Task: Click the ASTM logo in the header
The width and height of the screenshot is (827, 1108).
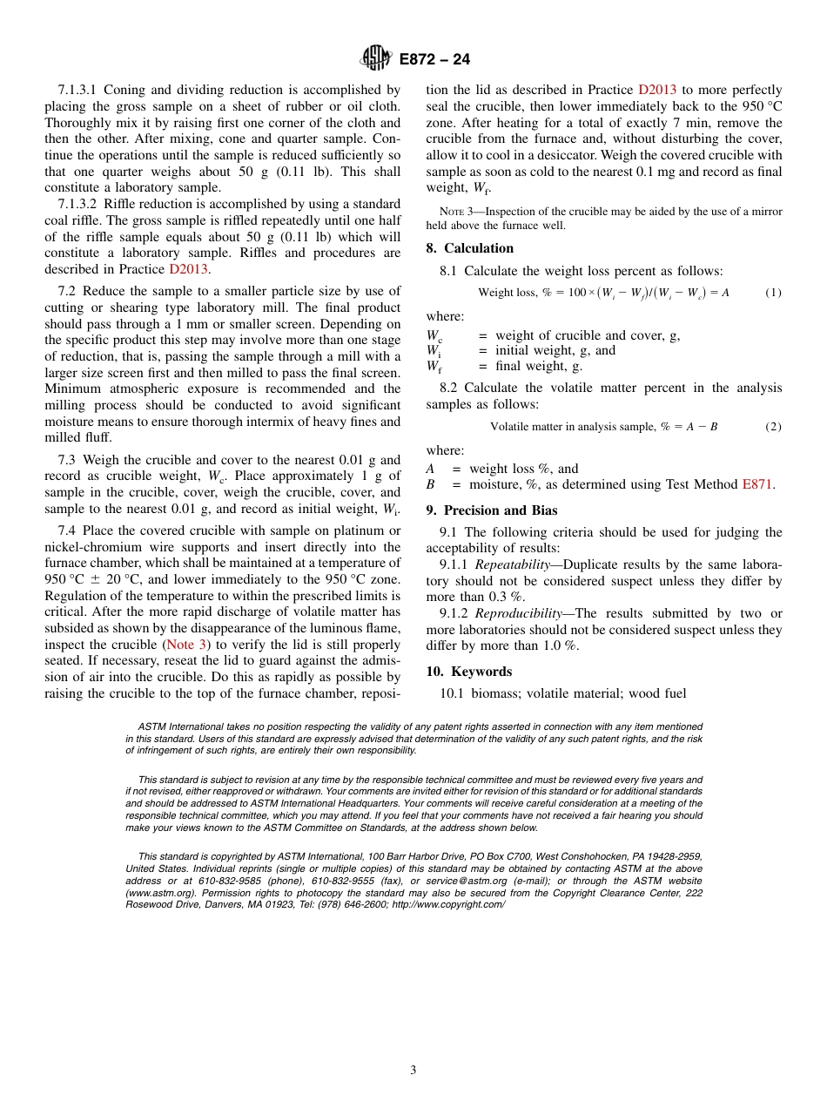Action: (376, 59)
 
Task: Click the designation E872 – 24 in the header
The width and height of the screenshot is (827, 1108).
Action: (434, 60)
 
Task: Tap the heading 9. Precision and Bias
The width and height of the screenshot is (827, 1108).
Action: (492, 510)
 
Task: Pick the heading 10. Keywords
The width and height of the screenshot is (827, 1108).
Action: (468, 672)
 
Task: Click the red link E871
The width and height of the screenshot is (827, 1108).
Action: (757, 484)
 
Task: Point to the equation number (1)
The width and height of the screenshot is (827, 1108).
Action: (773, 293)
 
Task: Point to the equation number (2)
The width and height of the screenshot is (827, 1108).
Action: (773, 427)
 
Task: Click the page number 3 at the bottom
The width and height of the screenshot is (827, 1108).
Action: (413, 1071)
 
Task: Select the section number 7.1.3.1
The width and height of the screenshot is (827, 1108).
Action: (82, 90)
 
